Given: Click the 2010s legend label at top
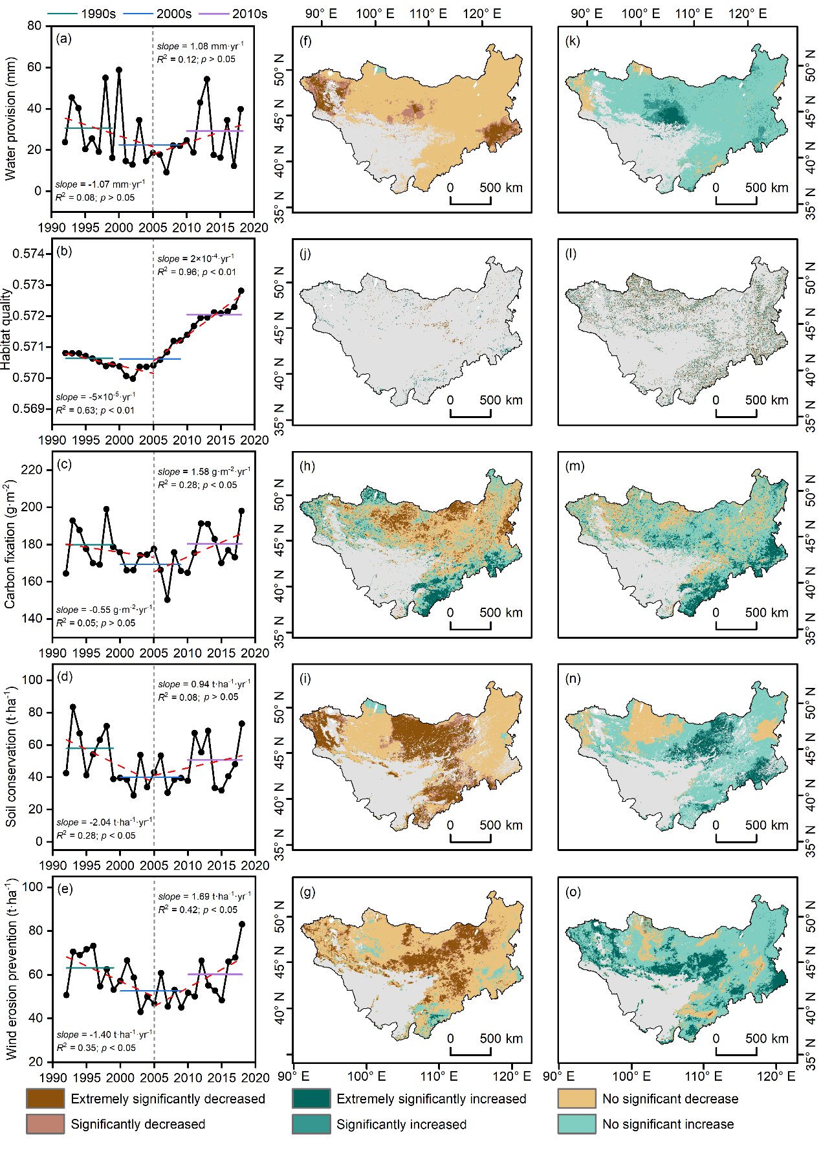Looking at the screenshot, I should (x=250, y=14).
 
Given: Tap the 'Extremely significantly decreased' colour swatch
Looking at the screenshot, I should (x=45, y=1098).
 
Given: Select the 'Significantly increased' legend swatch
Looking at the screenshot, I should (x=311, y=1123).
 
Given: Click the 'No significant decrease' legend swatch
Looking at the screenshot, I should (x=576, y=1098).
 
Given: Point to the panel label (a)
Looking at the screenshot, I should (x=64, y=39).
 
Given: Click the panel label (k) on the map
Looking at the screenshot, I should (x=572, y=41).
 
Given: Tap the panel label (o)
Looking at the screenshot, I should (x=573, y=892).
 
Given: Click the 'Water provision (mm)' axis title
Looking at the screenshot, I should (x=10, y=118).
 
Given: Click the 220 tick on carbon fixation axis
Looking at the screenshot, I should (x=32, y=470).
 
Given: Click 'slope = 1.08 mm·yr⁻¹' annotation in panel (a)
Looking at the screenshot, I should (x=200, y=46).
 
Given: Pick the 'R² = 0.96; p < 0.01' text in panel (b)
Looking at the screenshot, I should (x=197, y=272).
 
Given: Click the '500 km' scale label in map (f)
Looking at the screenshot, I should (x=501, y=188).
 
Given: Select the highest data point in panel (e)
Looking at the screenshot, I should (x=242, y=924).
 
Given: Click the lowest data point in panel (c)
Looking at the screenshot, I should (x=168, y=599).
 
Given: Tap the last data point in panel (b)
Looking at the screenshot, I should (x=241, y=291).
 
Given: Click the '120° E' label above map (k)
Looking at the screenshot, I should (x=747, y=14).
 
